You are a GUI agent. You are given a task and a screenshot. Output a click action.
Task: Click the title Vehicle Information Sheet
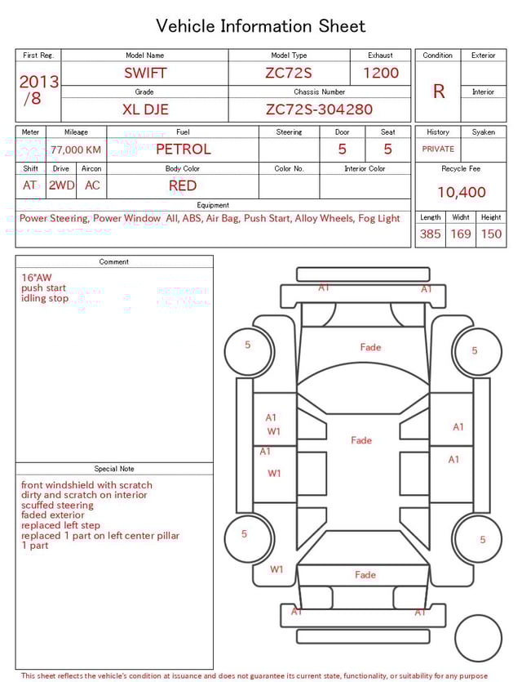(261, 26)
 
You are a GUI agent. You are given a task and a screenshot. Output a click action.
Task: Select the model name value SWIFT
(144, 73)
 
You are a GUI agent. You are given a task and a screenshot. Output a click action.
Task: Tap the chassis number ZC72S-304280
(319, 109)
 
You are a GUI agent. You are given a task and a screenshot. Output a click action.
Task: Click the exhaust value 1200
(380, 73)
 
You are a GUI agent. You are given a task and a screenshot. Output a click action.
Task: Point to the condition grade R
(439, 91)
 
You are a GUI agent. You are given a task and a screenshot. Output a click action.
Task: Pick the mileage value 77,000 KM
(76, 150)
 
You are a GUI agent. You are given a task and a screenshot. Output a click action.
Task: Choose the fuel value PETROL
(183, 149)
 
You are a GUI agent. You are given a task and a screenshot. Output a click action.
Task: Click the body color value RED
(183, 185)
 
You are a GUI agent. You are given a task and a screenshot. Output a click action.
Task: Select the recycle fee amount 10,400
(461, 193)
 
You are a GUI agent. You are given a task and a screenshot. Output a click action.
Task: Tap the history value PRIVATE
(438, 149)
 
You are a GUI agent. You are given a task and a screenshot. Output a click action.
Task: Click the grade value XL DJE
(144, 109)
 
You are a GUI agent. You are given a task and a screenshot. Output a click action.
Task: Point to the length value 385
(430, 234)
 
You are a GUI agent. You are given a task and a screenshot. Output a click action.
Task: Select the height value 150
(491, 234)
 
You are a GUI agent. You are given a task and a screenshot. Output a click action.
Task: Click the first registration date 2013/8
(38, 90)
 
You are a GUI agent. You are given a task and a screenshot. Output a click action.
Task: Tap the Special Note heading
(114, 469)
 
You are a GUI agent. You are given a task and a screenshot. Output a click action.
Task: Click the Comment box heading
(114, 262)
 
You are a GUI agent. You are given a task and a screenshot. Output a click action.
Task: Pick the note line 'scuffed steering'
(57, 506)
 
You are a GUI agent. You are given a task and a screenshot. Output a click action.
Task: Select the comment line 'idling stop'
(45, 298)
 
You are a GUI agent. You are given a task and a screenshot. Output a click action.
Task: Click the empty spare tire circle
(478, 638)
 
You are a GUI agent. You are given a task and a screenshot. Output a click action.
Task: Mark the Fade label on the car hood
(370, 347)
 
